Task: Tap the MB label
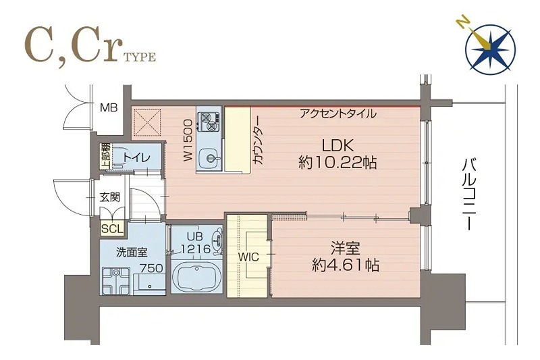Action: pyautogui.click(x=109, y=107)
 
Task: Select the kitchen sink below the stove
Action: pyautogui.click(x=210, y=159)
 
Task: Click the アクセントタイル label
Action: pyautogui.click(x=338, y=113)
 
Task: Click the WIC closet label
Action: pyautogui.click(x=248, y=257)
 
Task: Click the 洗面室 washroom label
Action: pyautogui.click(x=131, y=253)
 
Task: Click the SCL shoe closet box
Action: pyautogui.click(x=111, y=228)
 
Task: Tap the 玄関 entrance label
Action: pyautogui.click(x=110, y=198)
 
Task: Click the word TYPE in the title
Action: pyautogui.click(x=140, y=57)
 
